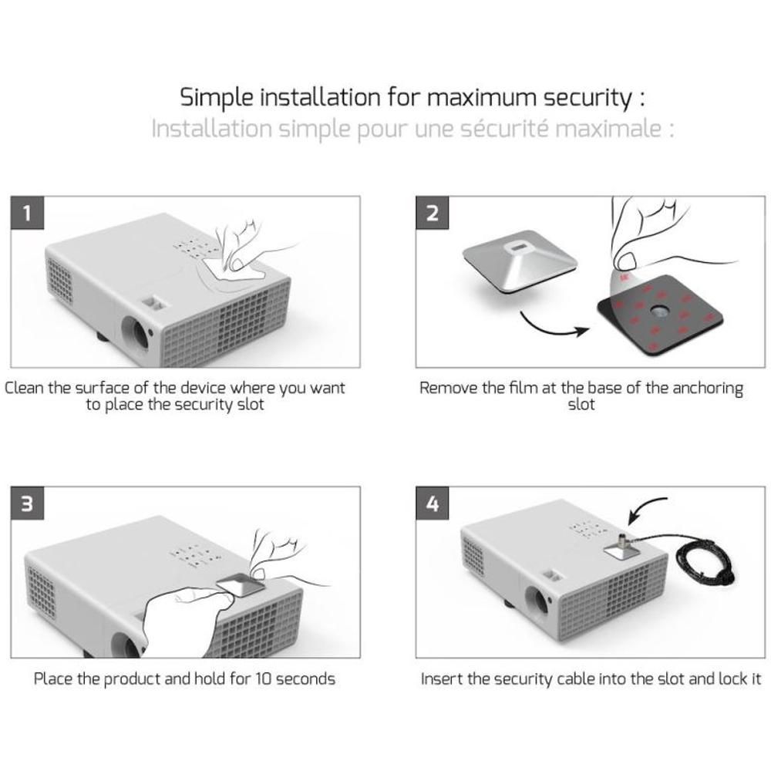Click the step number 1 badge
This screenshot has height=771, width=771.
click(x=27, y=213)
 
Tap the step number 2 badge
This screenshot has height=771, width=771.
click(x=433, y=213)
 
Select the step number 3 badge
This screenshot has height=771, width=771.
click(x=27, y=503)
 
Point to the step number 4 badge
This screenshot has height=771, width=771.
click(x=433, y=503)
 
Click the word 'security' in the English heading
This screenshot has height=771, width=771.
click(x=588, y=98)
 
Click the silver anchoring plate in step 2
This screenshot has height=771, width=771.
click(x=520, y=261)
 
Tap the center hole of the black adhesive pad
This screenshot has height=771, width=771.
click(x=659, y=311)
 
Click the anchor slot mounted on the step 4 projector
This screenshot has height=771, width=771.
click(x=622, y=545)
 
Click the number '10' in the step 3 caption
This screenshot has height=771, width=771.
click(x=263, y=679)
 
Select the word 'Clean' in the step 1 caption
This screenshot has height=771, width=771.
click(x=24, y=388)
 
